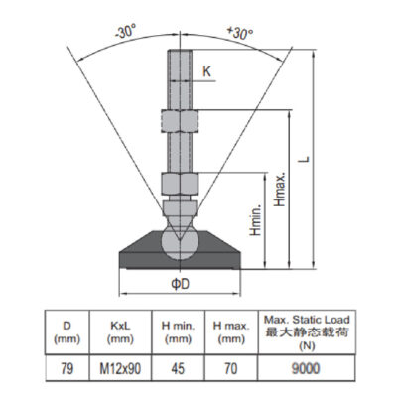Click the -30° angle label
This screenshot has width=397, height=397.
[x=125, y=32]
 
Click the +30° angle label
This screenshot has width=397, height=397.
[x=240, y=33]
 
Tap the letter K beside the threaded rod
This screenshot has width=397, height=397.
[x=206, y=71]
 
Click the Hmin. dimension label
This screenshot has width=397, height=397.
[x=255, y=219]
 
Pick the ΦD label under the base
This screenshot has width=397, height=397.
[x=180, y=284]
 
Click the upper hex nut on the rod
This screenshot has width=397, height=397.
[x=180, y=120]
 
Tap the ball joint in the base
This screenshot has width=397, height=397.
[x=180, y=244]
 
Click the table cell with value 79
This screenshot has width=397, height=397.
[x=66, y=368]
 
